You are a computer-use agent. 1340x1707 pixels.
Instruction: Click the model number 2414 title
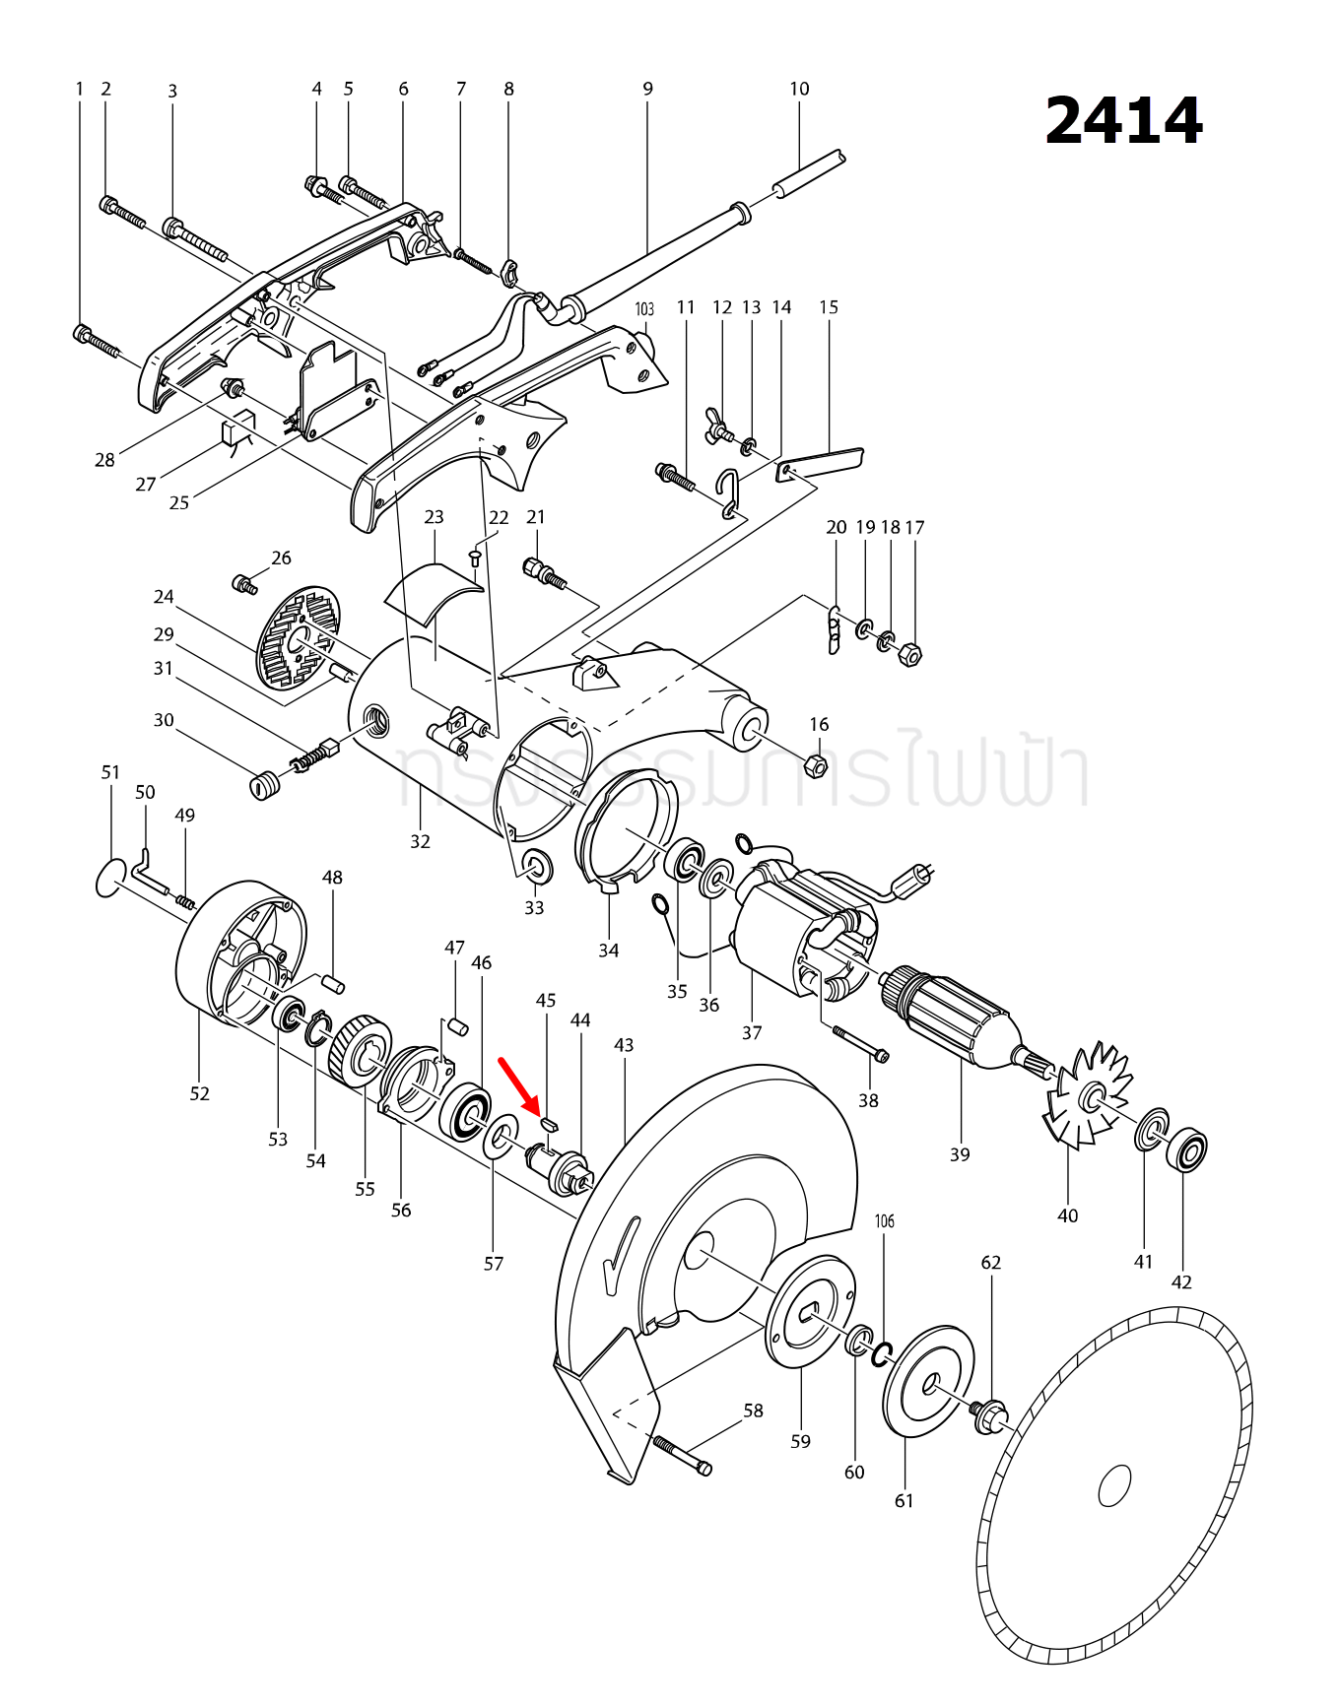[x=1122, y=122]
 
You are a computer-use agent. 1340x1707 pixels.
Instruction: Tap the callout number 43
[x=624, y=1044]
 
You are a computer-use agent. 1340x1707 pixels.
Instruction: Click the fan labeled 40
[x=1088, y=1095]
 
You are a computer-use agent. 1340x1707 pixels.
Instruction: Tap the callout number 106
[x=885, y=1221]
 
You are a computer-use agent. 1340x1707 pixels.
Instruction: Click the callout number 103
[x=644, y=309]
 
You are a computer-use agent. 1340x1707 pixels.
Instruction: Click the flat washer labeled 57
[x=502, y=1138]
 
